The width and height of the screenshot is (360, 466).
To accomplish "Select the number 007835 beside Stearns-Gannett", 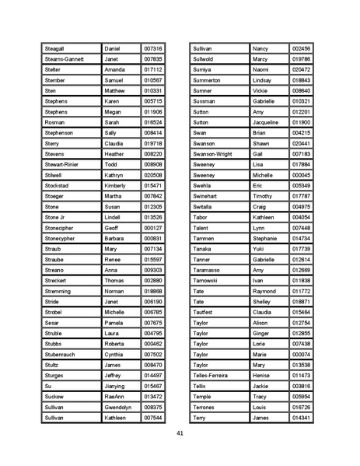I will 153,59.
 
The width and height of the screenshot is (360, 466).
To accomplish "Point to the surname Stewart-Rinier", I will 64,164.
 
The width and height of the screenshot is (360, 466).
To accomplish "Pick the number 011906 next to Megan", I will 153,111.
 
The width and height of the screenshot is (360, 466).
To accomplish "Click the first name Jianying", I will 117,386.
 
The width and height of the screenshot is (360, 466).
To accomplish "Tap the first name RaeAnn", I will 115,396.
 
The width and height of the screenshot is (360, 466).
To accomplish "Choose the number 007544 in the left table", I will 153,418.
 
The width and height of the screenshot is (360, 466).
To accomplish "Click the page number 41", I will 180,433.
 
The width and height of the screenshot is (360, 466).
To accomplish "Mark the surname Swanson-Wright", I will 212,154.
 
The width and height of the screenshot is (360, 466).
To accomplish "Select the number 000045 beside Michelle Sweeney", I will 301,175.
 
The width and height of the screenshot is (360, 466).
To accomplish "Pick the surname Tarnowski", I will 208,280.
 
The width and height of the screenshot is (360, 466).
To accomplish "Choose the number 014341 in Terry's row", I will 301,418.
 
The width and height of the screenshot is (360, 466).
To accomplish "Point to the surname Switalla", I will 204,207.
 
